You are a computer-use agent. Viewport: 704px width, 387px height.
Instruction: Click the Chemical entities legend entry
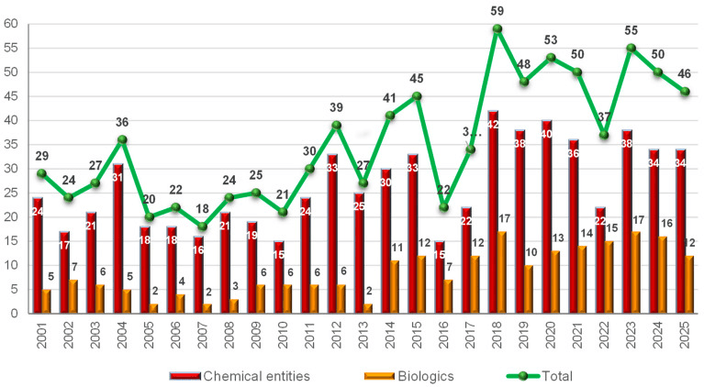tap(244, 376)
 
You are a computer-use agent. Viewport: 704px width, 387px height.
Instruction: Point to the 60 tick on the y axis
tap(11, 24)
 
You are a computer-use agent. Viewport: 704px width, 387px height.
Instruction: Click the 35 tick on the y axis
tap(11, 145)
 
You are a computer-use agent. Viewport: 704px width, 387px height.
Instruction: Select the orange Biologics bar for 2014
tap(396, 287)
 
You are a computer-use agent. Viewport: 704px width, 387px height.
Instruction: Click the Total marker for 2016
tap(443, 207)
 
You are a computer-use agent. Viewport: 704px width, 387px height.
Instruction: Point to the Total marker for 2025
tap(683, 92)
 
